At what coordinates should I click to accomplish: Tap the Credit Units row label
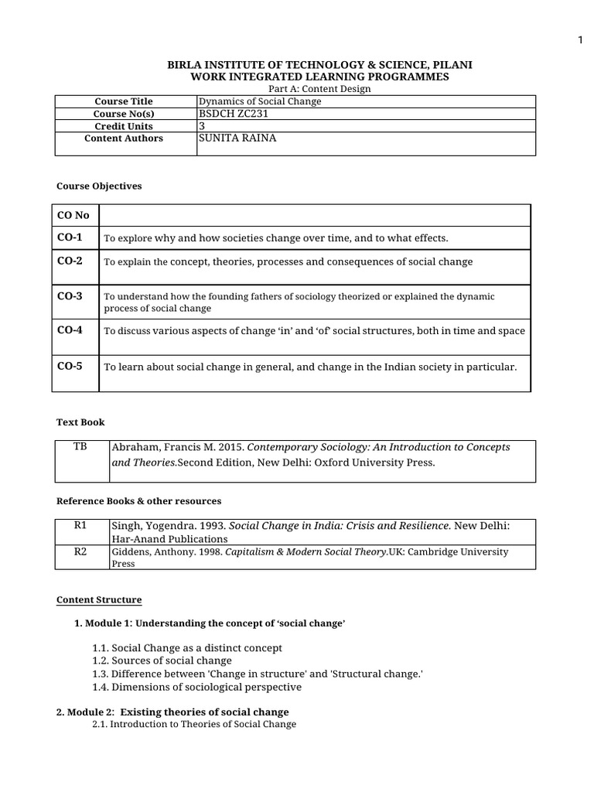tap(124, 126)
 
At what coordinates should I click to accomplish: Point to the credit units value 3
tap(203, 126)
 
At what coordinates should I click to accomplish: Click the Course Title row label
tap(124, 101)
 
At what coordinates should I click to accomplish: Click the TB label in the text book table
tap(80, 447)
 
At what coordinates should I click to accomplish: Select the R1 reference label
tap(80, 525)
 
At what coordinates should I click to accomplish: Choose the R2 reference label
tap(80, 551)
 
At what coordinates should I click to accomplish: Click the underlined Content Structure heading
tap(99, 600)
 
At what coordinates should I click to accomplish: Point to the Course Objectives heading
tap(99, 186)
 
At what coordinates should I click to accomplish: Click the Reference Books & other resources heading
tap(138, 501)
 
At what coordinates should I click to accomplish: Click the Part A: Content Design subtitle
tap(319, 89)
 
